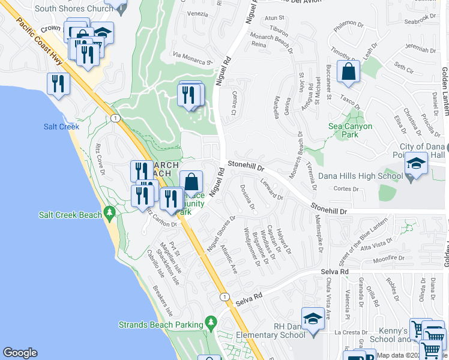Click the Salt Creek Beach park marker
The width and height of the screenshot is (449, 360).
pyautogui.click(x=109, y=212)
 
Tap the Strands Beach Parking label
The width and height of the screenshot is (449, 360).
pyautogui.click(x=161, y=325)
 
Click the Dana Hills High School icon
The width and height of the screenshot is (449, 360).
pyautogui.click(x=414, y=164)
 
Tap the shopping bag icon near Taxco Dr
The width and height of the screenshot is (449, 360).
pyautogui.click(x=348, y=73)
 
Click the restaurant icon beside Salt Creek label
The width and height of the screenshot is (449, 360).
pyautogui.click(x=58, y=83)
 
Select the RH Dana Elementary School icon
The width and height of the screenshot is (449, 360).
pyautogui.click(x=313, y=319)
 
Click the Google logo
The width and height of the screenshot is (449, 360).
pyautogui.click(x=20, y=353)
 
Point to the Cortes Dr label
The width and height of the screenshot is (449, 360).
pyautogui.click(x=347, y=190)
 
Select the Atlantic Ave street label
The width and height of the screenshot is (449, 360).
pyautogui.click(x=229, y=258)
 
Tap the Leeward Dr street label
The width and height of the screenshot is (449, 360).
pyautogui.click(x=271, y=188)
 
